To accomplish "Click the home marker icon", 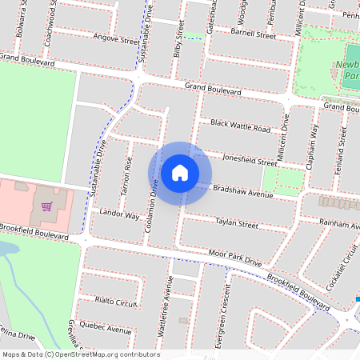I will point(180,172).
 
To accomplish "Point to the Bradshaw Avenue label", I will point(244,190).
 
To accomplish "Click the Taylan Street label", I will point(237,224).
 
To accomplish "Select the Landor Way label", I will point(119,216).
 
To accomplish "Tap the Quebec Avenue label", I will point(108,328).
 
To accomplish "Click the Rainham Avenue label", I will point(338,225).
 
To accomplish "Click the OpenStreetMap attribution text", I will point(80,354).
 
